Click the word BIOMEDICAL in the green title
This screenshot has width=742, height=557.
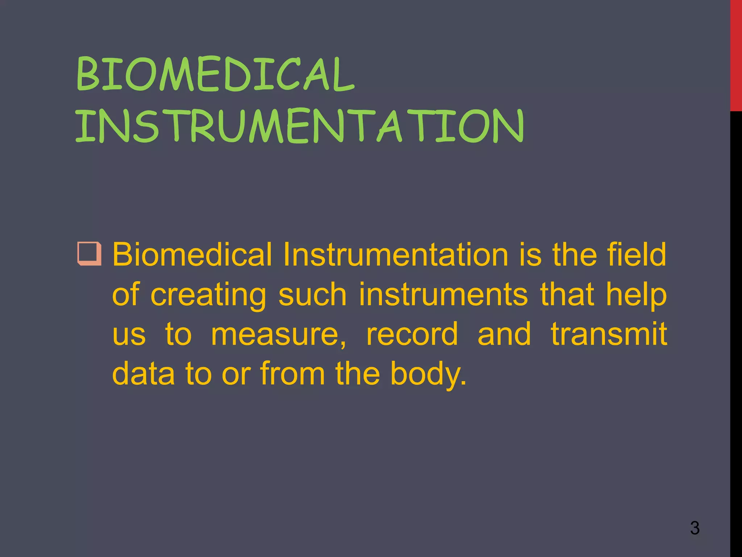tap(215, 74)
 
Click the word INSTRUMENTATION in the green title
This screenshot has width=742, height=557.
tap(299, 126)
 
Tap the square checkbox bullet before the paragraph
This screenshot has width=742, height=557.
tap(89, 253)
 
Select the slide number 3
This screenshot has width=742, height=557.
tap(695, 528)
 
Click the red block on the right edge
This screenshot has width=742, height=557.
tap(736, 54)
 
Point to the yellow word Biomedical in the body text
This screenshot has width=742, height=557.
tap(192, 255)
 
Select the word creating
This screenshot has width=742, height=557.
tap(208, 295)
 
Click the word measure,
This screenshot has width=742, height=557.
tap(278, 334)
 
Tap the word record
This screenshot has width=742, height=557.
tap(412, 334)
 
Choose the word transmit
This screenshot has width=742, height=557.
tap(609, 334)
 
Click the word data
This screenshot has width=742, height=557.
tap(143, 373)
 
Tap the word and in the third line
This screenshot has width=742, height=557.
tap(504, 334)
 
